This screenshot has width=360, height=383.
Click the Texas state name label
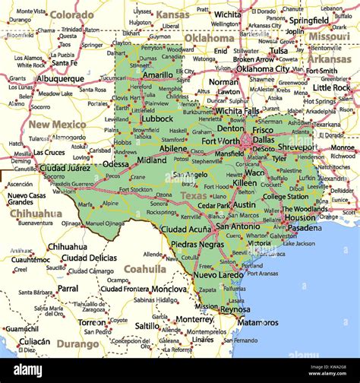pyautogui.click(x=193, y=195)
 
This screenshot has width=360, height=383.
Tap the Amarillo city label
pyautogui.click(x=157, y=74)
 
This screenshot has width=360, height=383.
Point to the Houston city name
pyautogui.click(x=299, y=217)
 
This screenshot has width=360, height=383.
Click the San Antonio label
pyautogui.click(x=238, y=226)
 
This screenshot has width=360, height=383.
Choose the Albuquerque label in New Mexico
pyautogui.click(x=60, y=78)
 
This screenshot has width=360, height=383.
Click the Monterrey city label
pyautogui.click(x=194, y=319)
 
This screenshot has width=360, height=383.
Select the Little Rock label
pyautogui.click(x=331, y=87)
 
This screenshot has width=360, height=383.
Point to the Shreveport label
pyautogui.click(x=297, y=147)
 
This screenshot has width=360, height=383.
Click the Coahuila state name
pyautogui.click(x=144, y=269)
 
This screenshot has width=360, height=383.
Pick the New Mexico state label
pyautogui.click(x=58, y=124)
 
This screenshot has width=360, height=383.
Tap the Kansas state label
pyautogui.click(x=172, y=14)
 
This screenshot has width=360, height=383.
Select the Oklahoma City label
pyautogui.click(x=262, y=68)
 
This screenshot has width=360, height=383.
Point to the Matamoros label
pyautogui.click(x=257, y=322)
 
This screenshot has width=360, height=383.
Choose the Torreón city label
pyautogui.click(x=92, y=322)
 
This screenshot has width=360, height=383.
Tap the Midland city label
pyautogui.click(x=152, y=160)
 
